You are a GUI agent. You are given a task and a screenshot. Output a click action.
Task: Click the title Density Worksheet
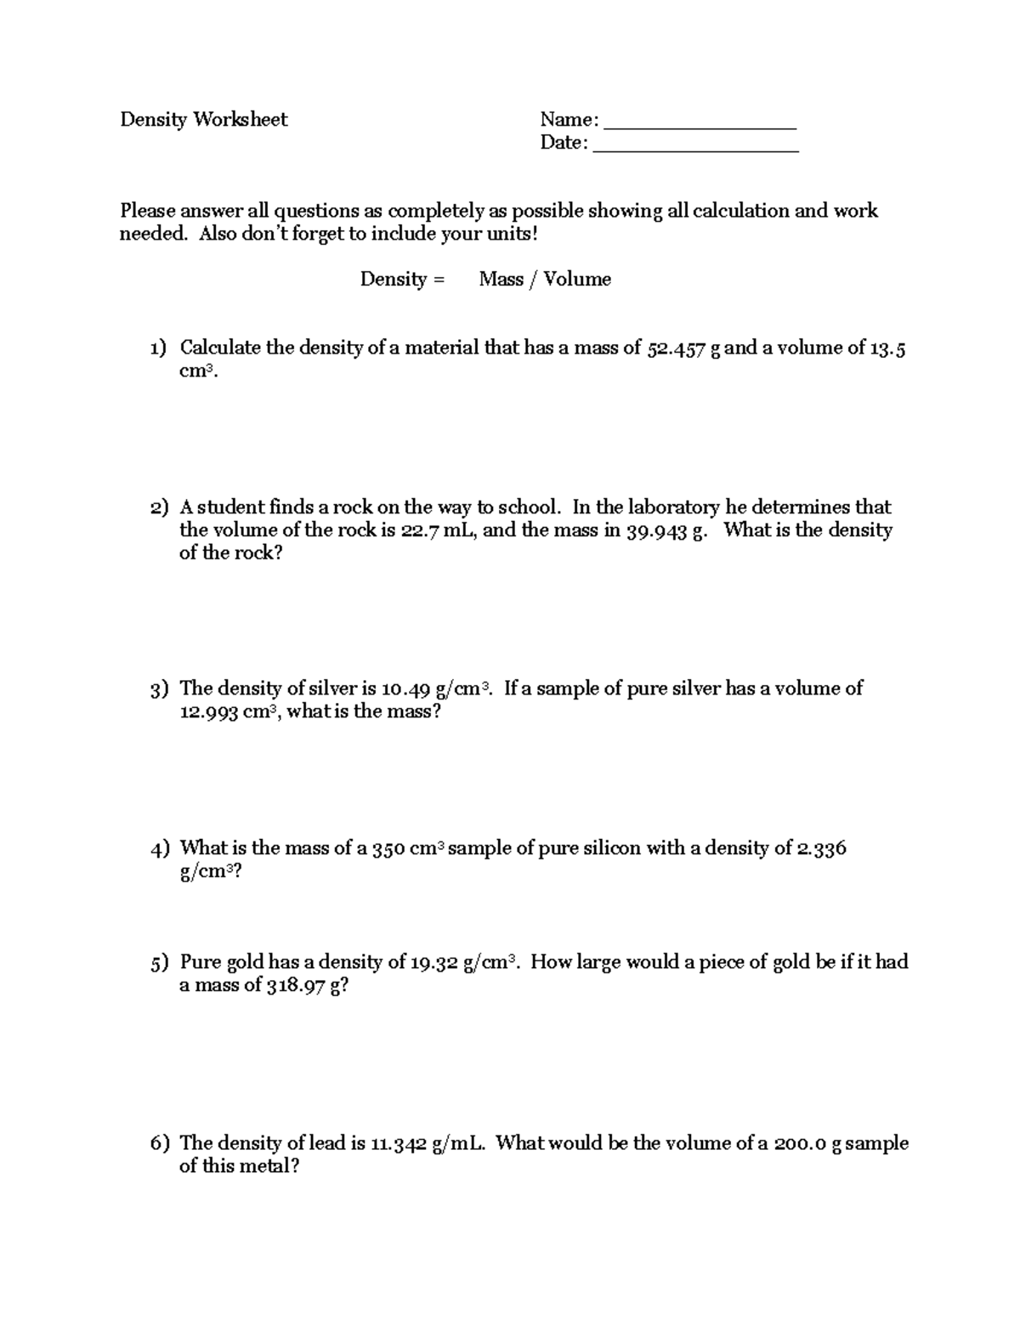coord(203,120)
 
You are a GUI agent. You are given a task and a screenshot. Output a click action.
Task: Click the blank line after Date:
coord(695,144)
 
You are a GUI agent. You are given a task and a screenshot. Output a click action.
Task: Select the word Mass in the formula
coord(501,280)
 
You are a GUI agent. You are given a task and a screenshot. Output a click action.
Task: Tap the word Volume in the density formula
coord(577,280)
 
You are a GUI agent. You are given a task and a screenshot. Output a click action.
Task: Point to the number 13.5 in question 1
coord(887,348)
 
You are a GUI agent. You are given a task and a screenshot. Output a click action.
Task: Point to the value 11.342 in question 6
coord(398,1144)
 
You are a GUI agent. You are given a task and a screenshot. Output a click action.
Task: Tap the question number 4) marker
coord(161,849)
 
